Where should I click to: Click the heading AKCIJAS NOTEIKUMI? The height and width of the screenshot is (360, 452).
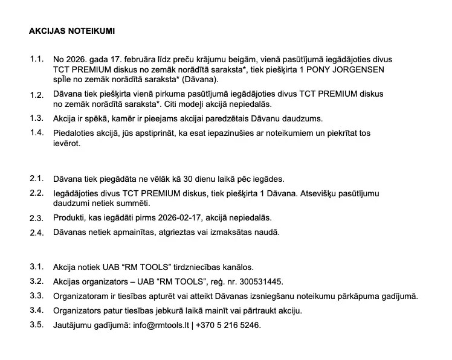71,30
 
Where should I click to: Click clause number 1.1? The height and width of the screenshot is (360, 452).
37,59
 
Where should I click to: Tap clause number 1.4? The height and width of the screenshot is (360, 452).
37,132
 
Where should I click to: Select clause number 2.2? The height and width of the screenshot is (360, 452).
37,193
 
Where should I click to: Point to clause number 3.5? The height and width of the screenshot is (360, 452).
37,324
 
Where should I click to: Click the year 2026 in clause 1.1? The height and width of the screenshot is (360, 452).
77,60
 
